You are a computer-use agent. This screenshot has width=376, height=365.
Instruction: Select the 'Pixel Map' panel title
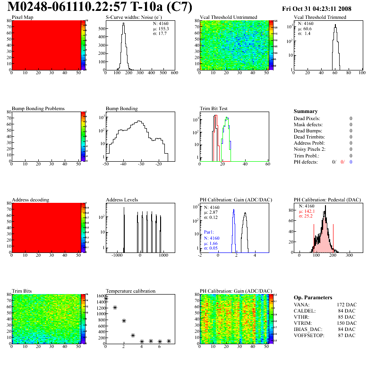(22, 17)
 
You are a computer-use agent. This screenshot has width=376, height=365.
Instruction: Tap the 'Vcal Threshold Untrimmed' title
(228, 17)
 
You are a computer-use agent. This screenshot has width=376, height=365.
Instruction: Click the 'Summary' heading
(306, 111)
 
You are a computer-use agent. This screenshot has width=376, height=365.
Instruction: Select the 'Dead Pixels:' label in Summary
(307, 118)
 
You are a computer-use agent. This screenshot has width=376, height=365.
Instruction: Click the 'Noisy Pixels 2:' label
(310, 149)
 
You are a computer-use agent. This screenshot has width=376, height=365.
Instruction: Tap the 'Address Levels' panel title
(122, 200)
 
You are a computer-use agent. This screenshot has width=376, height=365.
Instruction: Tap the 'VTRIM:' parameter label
(303, 323)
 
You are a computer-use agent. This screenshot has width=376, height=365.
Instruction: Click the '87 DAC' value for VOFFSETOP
(347, 335)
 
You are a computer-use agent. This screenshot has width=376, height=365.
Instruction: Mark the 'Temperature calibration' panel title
(130, 291)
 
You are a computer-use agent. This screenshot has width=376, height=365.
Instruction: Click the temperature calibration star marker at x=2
(124, 321)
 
